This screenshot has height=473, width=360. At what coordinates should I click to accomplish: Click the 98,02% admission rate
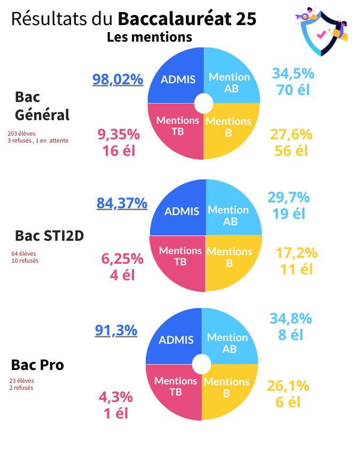118,80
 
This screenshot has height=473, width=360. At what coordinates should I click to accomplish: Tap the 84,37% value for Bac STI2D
122,203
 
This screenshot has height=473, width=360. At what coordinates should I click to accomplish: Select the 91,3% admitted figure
116,330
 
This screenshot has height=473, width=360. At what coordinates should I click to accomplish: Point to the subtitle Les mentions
149,37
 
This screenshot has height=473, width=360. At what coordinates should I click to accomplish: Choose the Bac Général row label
42,106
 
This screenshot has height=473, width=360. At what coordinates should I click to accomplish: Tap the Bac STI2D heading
49,236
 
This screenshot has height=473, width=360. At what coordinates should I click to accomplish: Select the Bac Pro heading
37,365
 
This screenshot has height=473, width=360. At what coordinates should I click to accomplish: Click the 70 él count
293,89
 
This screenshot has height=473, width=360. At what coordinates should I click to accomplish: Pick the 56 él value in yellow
291,151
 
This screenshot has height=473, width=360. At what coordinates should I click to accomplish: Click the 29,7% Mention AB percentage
288,198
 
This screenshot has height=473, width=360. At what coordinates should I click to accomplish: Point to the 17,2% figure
296,253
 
